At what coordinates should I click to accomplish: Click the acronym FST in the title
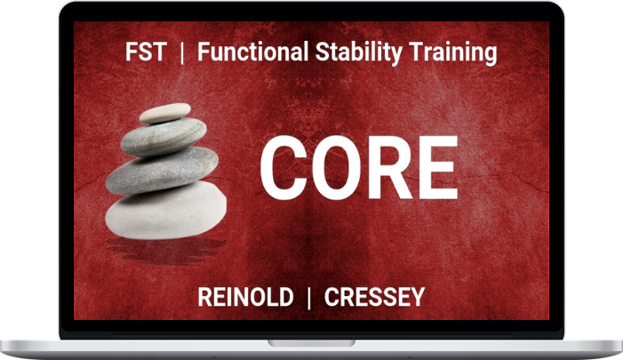pyautogui.click(x=146, y=52)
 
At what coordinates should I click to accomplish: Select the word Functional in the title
pyautogui.click(x=253, y=52)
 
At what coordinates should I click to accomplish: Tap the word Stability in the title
pyautogui.click(x=359, y=53)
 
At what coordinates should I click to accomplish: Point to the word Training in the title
pyautogui.click(x=453, y=53)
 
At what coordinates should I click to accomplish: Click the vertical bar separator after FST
pyautogui.click(x=182, y=53)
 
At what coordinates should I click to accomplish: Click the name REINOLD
pyautogui.click(x=245, y=297)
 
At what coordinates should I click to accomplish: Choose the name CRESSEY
pyautogui.click(x=375, y=297)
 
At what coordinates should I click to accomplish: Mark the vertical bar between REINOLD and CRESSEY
pyautogui.click(x=309, y=298)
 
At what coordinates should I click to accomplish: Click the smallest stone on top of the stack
pyautogui.click(x=165, y=113)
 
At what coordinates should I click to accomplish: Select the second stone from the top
pyautogui.click(x=164, y=136)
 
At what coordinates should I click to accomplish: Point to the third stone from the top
pyautogui.click(x=162, y=171)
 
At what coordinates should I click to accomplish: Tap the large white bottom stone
pyautogui.click(x=166, y=211)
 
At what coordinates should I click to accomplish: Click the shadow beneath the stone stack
pyautogui.click(x=166, y=251)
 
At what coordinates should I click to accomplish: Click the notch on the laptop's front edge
pyautogui.click(x=311, y=343)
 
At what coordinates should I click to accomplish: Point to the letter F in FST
pyautogui.click(x=132, y=52)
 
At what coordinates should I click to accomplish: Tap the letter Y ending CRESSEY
pyautogui.click(x=418, y=297)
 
